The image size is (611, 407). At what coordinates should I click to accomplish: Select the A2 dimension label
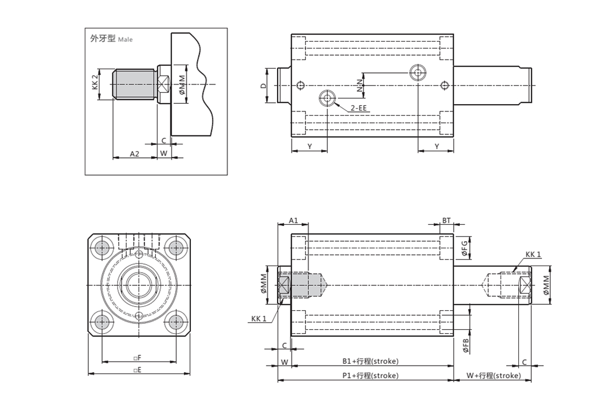click(134, 153)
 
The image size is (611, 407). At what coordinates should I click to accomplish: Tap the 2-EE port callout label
click(358, 108)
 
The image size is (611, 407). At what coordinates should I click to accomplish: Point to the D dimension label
click(263, 85)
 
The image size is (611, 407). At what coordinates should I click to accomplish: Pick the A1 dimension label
click(293, 220)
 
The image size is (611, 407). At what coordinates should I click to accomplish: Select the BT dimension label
click(446, 220)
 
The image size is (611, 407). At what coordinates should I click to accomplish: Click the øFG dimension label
click(464, 247)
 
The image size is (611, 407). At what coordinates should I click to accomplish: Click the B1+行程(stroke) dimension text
click(370, 361)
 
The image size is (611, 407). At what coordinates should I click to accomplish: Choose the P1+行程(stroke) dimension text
click(370, 375)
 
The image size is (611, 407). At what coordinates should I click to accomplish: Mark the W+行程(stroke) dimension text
click(493, 375)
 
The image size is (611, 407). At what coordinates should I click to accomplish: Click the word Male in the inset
click(125, 39)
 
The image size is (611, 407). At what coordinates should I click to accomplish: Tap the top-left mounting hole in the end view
click(103, 248)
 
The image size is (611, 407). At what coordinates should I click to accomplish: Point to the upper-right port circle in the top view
click(418, 73)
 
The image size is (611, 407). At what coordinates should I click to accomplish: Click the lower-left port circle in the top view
click(326, 98)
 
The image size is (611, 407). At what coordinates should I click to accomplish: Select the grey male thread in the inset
click(133, 84)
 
